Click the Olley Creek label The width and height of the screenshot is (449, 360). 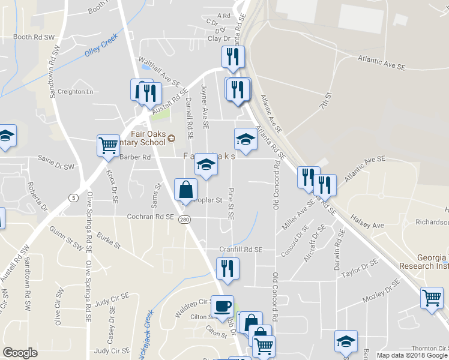[101, 47]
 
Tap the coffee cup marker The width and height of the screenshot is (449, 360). [222, 306]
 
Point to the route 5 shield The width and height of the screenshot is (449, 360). [73, 197]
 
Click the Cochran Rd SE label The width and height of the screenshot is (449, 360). [150, 217]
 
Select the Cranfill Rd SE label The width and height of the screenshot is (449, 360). [241, 249]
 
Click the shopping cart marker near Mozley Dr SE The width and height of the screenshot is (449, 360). [432, 298]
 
